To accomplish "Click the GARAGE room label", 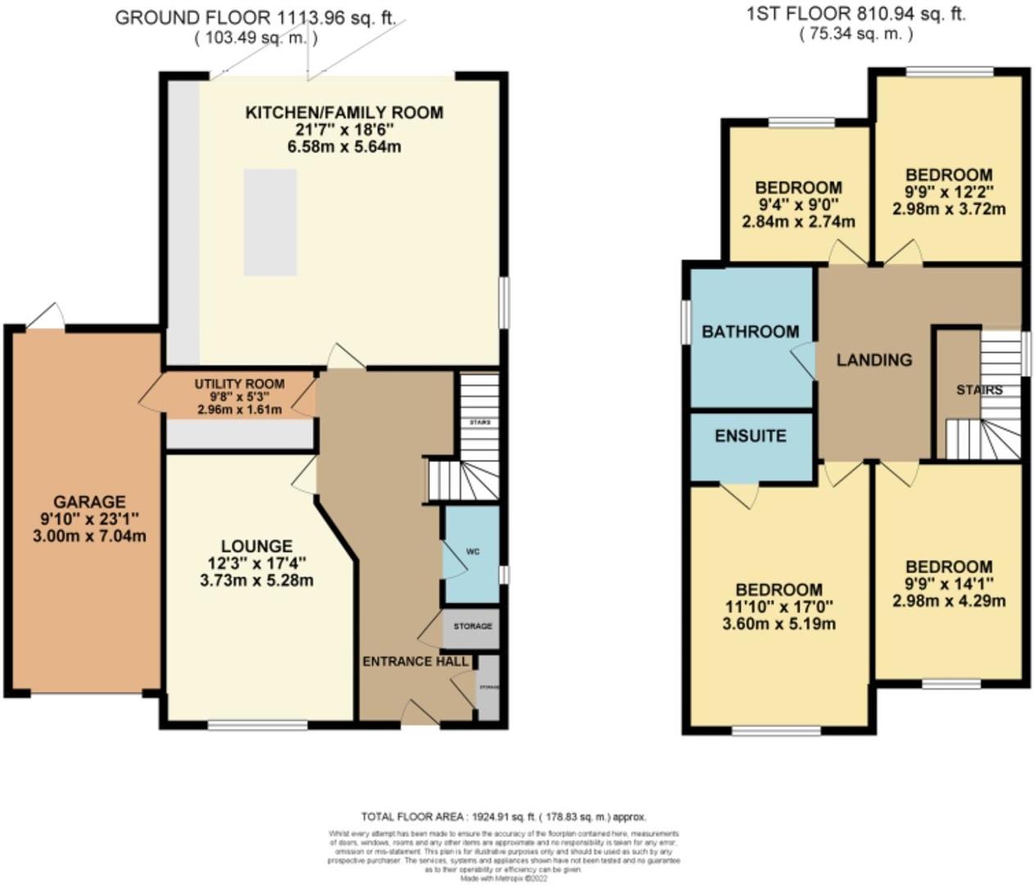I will click(x=89, y=501).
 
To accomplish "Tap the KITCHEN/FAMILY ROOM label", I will click(x=344, y=112).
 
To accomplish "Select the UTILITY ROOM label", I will click(x=239, y=383).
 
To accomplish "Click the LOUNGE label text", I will click(x=256, y=546).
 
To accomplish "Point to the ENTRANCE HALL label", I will click(x=415, y=661).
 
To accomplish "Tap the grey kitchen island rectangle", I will click(x=269, y=222).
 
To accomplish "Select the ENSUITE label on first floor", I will click(x=750, y=436).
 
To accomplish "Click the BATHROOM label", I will click(x=750, y=331).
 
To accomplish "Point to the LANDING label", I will click(x=874, y=360).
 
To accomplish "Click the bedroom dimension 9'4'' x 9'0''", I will click(x=798, y=205).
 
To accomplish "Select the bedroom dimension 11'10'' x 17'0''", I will click(x=779, y=607).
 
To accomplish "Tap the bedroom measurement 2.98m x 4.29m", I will click(x=949, y=601).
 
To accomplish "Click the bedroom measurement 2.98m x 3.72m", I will click(x=949, y=208).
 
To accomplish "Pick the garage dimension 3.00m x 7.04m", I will click(x=89, y=537).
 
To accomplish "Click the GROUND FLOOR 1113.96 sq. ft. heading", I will click(x=255, y=18).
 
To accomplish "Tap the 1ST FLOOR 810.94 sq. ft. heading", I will click(x=856, y=14).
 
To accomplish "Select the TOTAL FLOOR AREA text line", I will click(x=503, y=817).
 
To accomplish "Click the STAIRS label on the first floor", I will click(x=979, y=389).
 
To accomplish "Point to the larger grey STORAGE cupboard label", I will click(x=472, y=626).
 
